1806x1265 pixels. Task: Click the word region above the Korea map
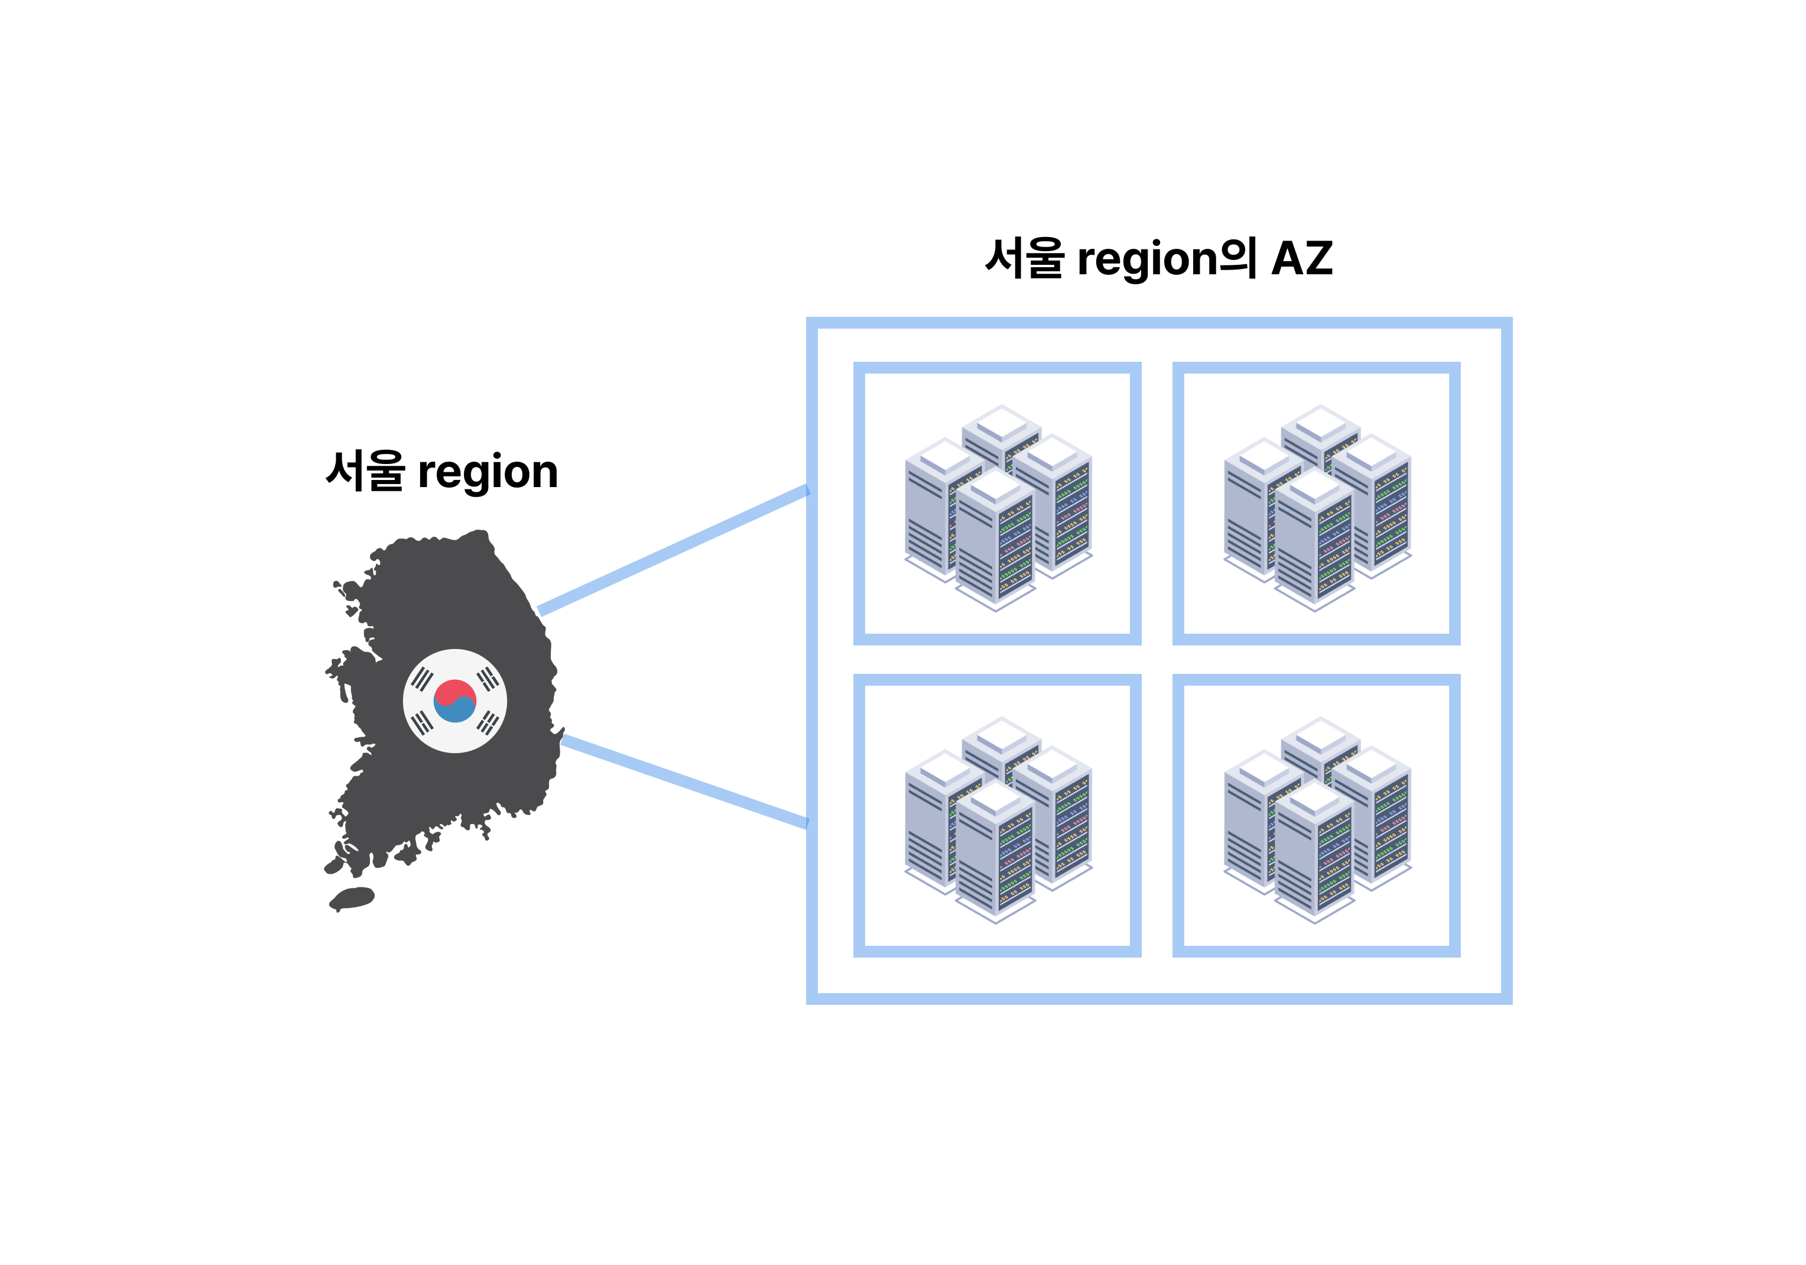(488, 473)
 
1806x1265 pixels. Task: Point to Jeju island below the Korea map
(352, 897)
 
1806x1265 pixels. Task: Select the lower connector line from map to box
(684, 781)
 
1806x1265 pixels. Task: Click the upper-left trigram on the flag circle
(423, 678)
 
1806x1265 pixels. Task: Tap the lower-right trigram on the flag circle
(488, 722)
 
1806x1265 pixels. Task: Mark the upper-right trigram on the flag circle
(488, 678)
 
